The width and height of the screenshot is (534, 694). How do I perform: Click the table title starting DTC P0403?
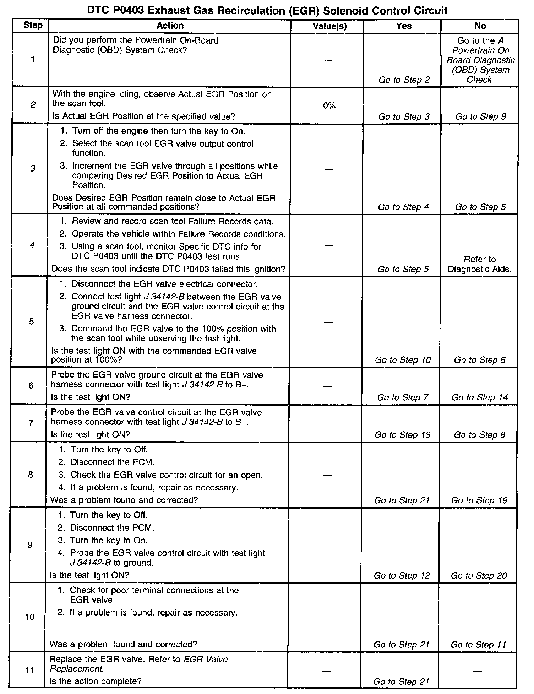pos(267,10)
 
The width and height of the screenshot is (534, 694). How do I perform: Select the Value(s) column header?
pos(329,26)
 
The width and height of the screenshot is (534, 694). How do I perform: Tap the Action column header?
pos(170,26)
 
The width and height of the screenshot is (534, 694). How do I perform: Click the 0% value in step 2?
pos(329,106)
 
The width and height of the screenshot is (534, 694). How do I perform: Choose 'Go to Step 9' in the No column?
pos(481,116)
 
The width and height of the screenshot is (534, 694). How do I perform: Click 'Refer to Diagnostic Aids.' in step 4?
pos(479,264)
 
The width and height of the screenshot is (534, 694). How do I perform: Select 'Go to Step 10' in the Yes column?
pos(403,360)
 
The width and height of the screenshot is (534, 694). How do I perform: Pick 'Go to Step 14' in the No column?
pos(480,397)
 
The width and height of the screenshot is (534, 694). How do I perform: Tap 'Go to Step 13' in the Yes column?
pos(402,435)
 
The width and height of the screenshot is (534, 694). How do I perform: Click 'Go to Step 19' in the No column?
pos(479,500)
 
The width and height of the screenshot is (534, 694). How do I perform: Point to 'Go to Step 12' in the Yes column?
pos(402,576)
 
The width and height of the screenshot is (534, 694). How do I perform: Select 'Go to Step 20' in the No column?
pos(479,576)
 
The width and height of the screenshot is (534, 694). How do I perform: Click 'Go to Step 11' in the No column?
pos(478,645)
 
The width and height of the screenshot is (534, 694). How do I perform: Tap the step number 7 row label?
pos(31,423)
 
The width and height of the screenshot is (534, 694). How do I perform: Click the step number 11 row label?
pos(29,670)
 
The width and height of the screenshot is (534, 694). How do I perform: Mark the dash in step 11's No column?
pos(478,671)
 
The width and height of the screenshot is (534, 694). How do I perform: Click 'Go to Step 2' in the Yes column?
pos(404,80)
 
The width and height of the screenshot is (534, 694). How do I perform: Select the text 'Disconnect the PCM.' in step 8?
pos(113,462)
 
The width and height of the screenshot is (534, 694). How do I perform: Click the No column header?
pos(480,26)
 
